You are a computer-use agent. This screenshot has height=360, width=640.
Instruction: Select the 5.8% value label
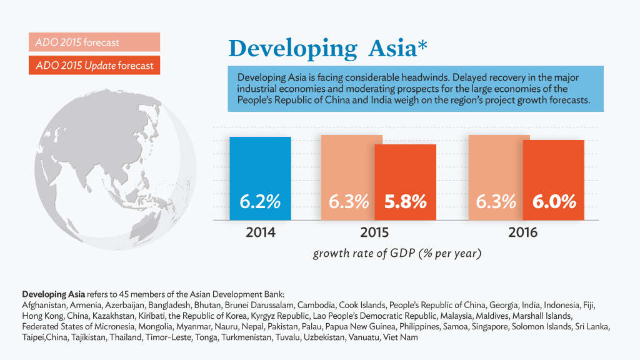(x=405, y=202)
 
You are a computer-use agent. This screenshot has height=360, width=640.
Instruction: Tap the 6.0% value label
(x=554, y=202)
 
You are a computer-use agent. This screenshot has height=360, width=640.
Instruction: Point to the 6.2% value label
(x=260, y=202)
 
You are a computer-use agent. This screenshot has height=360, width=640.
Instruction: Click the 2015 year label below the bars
(x=374, y=232)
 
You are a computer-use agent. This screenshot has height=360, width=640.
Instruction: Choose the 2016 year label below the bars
(x=522, y=232)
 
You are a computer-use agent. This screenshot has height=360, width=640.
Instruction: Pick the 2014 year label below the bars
(x=260, y=232)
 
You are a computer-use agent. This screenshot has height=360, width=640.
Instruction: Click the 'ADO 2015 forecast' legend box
(x=94, y=42)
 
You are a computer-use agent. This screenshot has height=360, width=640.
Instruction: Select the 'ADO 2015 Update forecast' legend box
(x=94, y=66)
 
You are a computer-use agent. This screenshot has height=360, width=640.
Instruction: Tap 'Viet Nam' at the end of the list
(x=401, y=337)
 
